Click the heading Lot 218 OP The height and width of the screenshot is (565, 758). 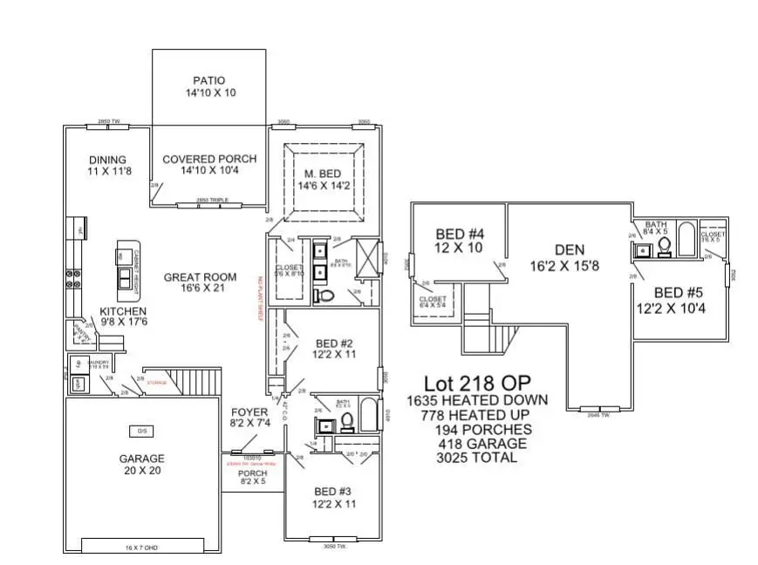point(476,384)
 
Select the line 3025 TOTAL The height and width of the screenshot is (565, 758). point(476,457)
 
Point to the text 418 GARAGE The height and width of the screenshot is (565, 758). point(476,443)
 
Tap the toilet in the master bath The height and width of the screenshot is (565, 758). point(329,295)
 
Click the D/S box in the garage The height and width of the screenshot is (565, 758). point(140,431)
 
